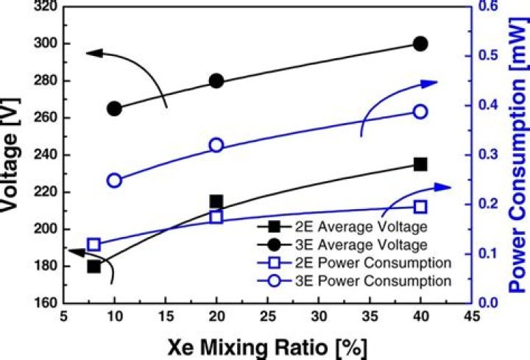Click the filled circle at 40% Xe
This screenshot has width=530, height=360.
tap(420, 44)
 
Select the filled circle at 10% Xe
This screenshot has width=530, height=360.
tap(115, 108)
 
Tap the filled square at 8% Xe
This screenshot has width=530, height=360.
tap(94, 266)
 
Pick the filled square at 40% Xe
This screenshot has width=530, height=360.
tap(420, 164)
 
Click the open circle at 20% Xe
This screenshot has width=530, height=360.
tap(216, 145)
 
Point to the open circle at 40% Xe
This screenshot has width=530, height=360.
tap(420, 111)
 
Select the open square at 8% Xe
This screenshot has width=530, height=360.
tap(94, 244)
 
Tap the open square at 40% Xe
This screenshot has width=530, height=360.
tap(420, 208)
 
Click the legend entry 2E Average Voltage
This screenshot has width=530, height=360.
tap(346, 225)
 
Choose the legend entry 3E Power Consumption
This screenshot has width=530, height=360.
tap(346, 280)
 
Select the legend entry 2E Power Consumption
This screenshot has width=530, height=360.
tap(346, 262)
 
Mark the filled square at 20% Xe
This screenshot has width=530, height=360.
tap(216, 202)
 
